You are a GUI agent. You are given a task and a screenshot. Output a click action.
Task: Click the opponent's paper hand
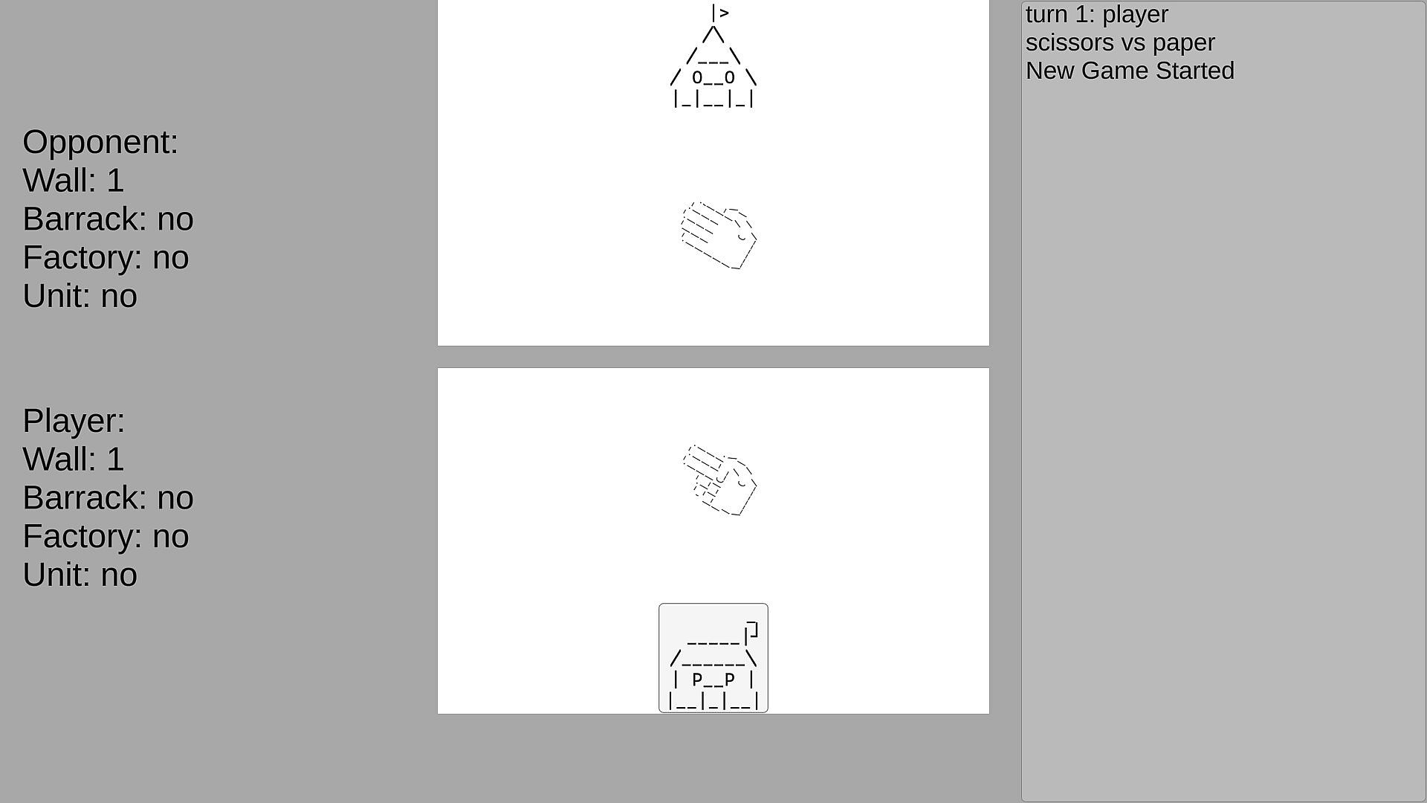(x=719, y=235)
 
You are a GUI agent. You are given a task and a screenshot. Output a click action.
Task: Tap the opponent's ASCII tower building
(x=713, y=57)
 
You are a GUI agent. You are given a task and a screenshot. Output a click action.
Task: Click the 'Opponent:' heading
(x=100, y=142)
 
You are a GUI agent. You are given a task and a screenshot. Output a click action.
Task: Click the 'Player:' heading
(x=74, y=421)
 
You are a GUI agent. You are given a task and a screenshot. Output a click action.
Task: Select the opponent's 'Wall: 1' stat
(x=74, y=181)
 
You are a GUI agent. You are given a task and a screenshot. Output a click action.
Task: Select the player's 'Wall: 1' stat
(x=74, y=459)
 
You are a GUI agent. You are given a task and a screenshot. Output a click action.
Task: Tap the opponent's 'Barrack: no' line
(x=109, y=219)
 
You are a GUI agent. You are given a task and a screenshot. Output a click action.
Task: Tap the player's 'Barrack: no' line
(x=109, y=498)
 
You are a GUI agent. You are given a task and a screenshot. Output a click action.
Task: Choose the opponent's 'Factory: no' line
(x=106, y=258)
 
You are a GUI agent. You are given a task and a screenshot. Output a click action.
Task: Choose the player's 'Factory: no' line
(x=106, y=537)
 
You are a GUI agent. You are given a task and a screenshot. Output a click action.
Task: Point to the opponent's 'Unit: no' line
(x=80, y=297)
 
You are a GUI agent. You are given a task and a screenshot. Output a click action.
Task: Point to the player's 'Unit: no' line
(x=80, y=575)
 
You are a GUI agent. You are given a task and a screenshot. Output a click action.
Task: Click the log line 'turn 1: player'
(x=1097, y=15)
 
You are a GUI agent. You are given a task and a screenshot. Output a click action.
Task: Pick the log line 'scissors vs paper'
(x=1121, y=43)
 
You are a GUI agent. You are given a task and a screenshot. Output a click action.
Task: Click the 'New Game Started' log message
(x=1130, y=71)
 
